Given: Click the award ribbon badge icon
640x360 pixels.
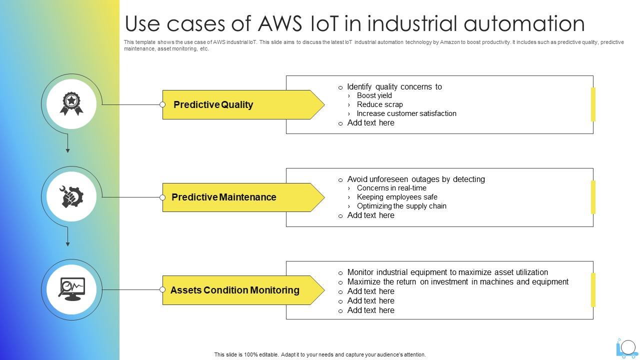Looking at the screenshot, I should click(71, 103).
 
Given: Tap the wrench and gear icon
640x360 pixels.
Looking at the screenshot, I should click(71, 196).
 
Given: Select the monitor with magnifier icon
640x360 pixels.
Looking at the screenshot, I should click(71, 289).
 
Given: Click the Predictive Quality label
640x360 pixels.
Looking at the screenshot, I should click(213, 104).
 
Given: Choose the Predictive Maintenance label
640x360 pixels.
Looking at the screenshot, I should click(223, 197).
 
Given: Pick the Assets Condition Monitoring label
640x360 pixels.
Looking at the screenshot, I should click(234, 290).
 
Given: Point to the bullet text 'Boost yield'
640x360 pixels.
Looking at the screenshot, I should click(374, 95).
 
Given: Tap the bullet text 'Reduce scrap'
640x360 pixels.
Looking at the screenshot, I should click(379, 104).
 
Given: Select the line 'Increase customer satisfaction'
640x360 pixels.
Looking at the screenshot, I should click(406, 113).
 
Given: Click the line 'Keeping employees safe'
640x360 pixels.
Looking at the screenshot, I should click(397, 197).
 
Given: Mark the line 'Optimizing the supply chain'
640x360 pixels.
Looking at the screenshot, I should click(401, 206).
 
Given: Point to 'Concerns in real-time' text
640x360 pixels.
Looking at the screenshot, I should click(391, 188).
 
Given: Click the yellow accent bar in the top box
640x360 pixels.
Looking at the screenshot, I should click(593, 104).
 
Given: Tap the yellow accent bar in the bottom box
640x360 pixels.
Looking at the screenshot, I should click(593, 290).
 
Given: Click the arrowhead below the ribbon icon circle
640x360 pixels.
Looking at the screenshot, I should click(67, 150).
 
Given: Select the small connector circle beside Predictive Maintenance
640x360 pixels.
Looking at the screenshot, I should click(162, 197).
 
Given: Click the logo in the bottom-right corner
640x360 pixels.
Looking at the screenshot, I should click(627, 347).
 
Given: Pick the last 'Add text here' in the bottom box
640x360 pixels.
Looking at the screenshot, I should click(370, 310).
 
